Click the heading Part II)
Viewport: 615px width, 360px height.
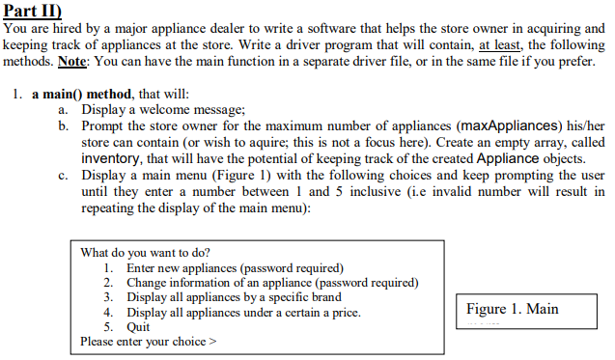34,12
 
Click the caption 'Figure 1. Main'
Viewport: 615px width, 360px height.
513,309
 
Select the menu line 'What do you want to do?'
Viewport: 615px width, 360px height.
146,253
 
